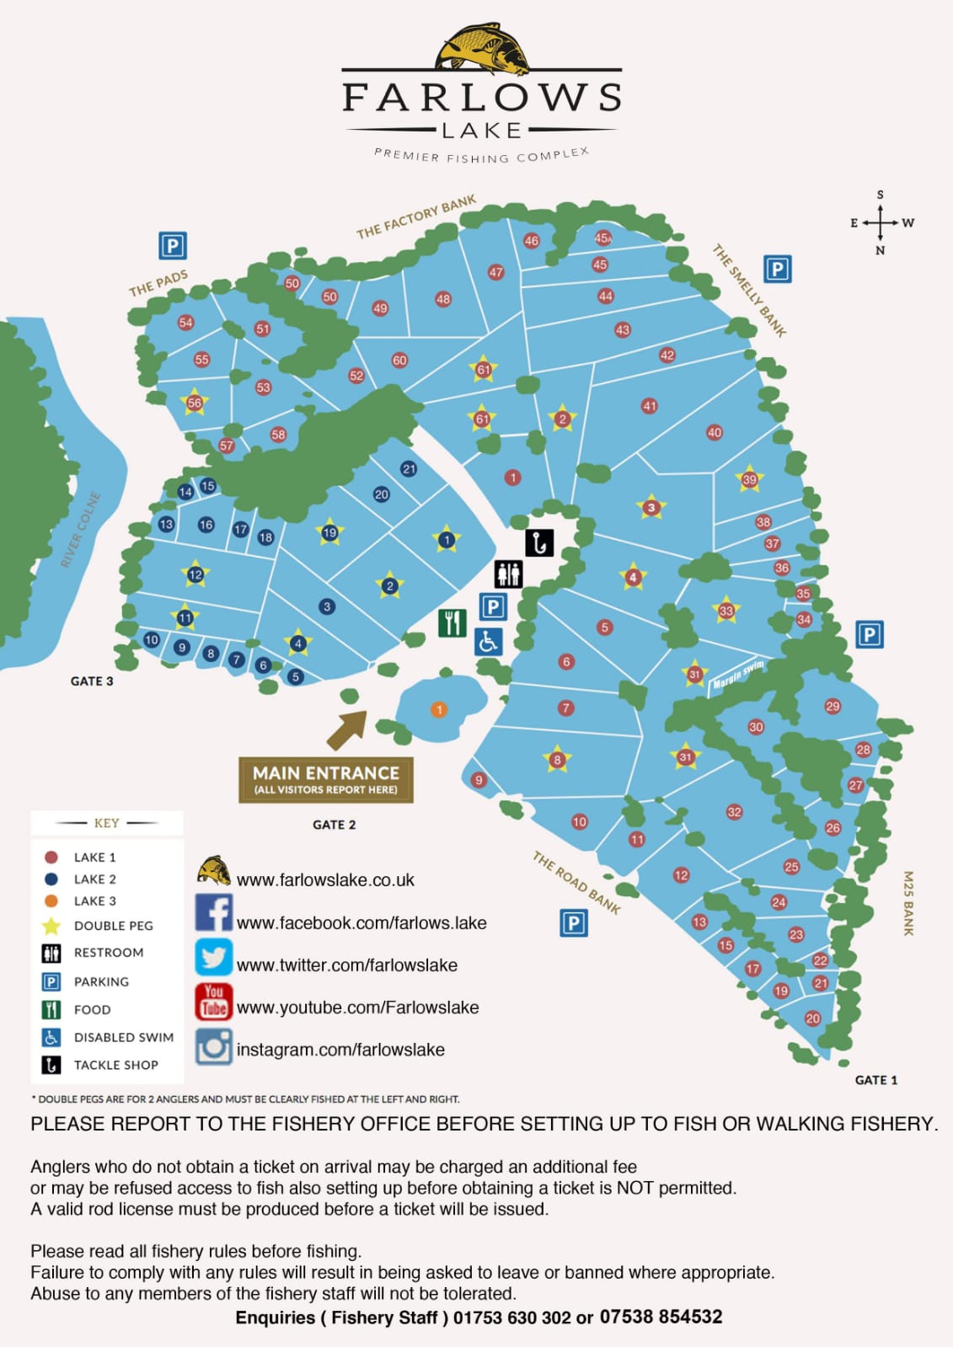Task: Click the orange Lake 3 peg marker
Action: [438, 709]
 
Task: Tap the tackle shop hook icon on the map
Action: [539, 543]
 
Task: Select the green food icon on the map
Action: [452, 623]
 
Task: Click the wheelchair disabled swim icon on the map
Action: [488, 642]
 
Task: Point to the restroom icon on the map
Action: [508, 575]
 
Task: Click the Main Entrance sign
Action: [326, 779]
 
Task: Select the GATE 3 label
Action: [92, 681]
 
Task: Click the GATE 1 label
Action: [875, 1080]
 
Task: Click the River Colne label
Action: [81, 530]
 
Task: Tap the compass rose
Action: [881, 223]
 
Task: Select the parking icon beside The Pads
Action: [173, 246]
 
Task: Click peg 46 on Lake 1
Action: [531, 241]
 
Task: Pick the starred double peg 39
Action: [749, 480]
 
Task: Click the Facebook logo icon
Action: [214, 913]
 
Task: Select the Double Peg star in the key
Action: [51, 926]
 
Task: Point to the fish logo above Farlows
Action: [482, 49]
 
